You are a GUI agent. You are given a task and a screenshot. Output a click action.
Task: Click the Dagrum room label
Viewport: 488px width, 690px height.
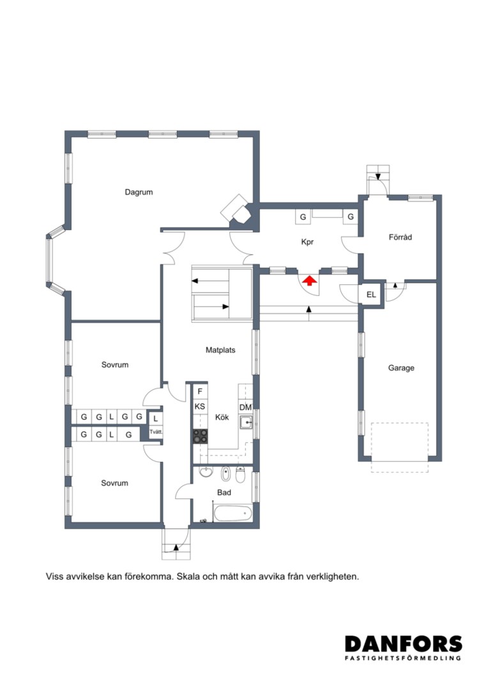click(x=139, y=192)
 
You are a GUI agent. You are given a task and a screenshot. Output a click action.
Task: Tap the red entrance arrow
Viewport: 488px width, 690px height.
click(x=309, y=280)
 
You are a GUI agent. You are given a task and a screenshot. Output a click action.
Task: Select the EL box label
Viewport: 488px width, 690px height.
click(x=371, y=295)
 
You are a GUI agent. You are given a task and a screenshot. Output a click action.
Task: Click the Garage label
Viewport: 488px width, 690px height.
click(x=401, y=368)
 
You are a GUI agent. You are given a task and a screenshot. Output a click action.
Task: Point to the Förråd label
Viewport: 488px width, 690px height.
click(x=400, y=237)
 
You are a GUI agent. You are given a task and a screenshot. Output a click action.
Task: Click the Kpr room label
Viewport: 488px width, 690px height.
click(x=307, y=242)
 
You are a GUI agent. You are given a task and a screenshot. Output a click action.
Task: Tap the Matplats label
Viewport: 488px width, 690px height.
click(x=220, y=350)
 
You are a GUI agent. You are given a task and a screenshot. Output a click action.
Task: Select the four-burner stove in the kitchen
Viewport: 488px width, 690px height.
click(x=200, y=436)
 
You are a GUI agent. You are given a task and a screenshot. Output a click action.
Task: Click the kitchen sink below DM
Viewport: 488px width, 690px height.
click(x=246, y=423)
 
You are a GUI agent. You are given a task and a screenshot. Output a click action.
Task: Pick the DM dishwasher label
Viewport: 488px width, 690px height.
click(x=245, y=408)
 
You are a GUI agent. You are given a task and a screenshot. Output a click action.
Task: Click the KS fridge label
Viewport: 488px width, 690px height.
click(x=200, y=406)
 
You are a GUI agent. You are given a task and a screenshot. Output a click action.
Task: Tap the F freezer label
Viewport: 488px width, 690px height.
click(x=200, y=392)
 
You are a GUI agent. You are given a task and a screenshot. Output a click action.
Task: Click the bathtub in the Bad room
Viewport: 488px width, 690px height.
click(x=232, y=513)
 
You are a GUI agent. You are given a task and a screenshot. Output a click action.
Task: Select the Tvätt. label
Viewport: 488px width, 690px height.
click(x=156, y=432)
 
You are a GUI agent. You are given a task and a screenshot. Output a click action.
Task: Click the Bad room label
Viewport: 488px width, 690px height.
click(x=224, y=493)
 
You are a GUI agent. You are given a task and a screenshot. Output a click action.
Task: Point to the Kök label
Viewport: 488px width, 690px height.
click(x=222, y=417)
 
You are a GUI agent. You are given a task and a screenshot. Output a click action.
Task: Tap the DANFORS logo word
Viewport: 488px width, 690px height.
click(x=404, y=644)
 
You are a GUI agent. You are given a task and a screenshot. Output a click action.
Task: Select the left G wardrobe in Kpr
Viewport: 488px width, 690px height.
click(x=303, y=217)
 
